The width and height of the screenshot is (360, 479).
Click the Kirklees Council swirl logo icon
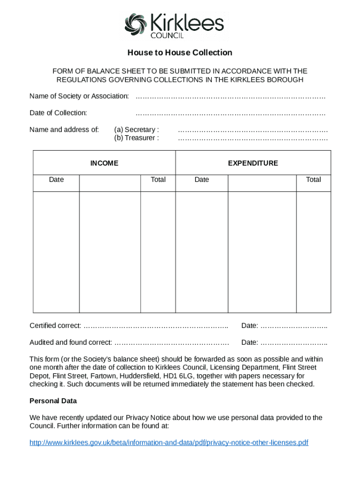[136, 24]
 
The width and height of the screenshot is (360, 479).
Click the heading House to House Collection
[180, 52]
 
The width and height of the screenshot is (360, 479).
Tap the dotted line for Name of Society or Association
[230, 97]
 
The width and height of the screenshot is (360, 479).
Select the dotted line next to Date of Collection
[230, 114]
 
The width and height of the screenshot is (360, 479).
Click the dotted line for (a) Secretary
[252, 131]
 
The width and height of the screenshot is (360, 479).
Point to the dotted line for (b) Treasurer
[252, 139]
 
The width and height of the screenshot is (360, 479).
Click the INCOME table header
[104, 163]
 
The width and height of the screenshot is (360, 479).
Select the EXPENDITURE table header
[253, 163]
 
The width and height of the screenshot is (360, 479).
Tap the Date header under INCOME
[57, 180]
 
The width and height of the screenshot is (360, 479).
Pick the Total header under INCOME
[158, 180]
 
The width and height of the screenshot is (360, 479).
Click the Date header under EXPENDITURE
[202, 180]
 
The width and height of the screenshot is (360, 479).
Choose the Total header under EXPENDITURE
[313, 180]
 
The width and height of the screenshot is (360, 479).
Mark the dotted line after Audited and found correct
[172, 343]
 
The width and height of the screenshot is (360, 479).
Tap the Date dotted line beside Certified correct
[294, 326]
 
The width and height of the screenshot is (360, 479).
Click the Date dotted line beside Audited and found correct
[294, 343]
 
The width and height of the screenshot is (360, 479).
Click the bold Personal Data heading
[53, 401]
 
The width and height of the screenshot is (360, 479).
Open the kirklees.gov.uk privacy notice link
[169, 443]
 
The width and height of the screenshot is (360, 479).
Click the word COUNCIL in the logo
[167, 35]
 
